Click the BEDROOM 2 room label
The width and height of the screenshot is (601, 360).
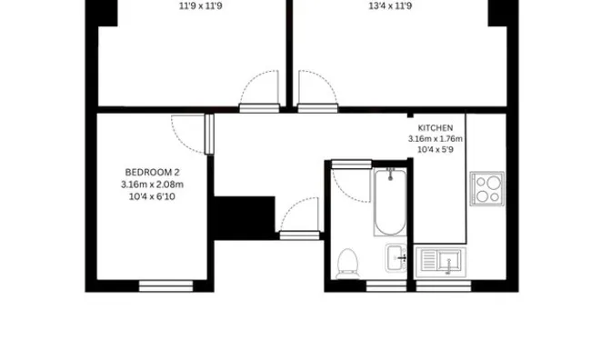tap(152, 172)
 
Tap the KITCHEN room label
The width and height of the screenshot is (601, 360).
tap(435, 128)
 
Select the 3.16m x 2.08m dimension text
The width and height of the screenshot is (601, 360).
tap(152, 185)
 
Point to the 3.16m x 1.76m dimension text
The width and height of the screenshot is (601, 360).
tap(435, 139)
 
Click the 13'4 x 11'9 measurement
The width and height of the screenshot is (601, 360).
tap(390, 6)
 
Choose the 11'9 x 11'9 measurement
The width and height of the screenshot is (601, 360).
tap(200, 6)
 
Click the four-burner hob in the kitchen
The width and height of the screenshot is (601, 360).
tap(487, 188)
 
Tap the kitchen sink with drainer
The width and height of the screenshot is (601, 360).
tap(440, 262)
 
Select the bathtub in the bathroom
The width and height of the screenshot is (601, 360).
tap(390, 202)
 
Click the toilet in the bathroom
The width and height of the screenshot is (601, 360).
tap(347, 265)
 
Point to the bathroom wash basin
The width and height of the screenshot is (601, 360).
tap(396, 258)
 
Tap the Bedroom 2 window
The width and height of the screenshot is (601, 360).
tap(165, 286)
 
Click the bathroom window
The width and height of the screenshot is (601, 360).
tap(386, 286)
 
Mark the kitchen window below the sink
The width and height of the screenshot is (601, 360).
tap(443, 286)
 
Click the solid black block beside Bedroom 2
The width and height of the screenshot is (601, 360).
tap(245, 218)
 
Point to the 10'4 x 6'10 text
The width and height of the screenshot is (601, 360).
tap(152, 196)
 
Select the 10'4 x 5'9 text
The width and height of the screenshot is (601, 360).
tap(435, 149)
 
